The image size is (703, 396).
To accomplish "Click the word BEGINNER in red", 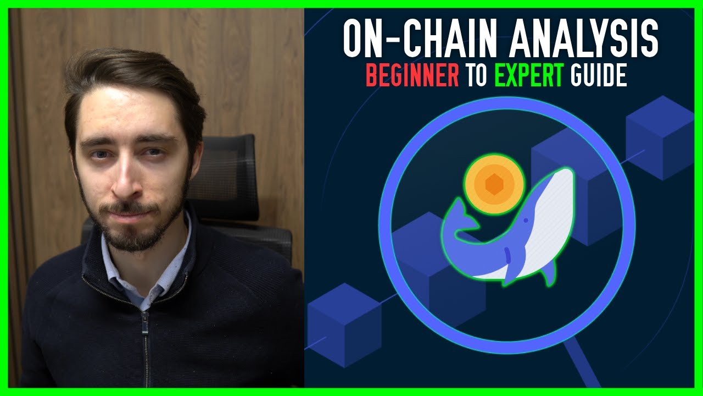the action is click(x=412, y=75).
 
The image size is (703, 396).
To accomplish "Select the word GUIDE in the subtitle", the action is click(x=599, y=75).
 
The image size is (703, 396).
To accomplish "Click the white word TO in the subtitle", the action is click(x=476, y=75).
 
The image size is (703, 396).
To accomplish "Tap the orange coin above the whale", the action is click(x=494, y=184).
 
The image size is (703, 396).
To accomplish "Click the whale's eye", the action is click(x=526, y=221).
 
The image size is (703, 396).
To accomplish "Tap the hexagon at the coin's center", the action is click(x=494, y=184).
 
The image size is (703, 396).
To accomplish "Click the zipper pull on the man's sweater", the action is click(x=144, y=324).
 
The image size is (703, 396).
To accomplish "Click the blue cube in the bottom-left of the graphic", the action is click(x=344, y=325).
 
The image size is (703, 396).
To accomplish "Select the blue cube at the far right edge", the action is click(x=660, y=137).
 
